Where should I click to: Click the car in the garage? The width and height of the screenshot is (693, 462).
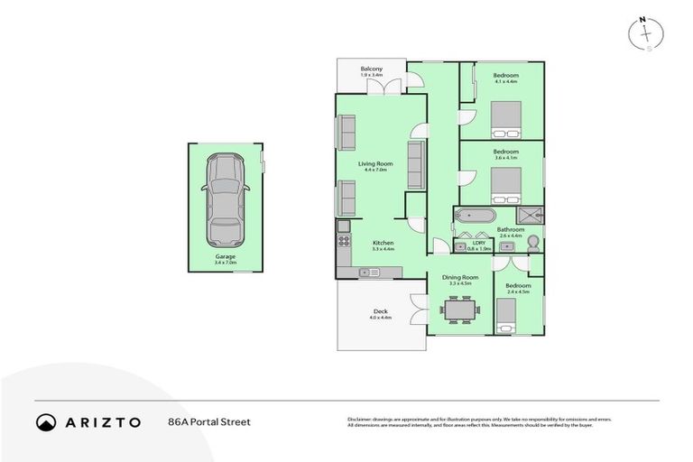pyautogui.click(x=225, y=200)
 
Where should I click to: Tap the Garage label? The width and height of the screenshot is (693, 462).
pyautogui.click(x=225, y=257)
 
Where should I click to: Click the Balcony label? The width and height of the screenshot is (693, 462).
pyautogui.click(x=372, y=69)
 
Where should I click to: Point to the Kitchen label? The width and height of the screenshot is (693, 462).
pyautogui.click(x=383, y=243)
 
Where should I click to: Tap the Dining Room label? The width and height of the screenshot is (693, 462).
pyautogui.click(x=458, y=278)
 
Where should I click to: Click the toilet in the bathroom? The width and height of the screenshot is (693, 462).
pyautogui.click(x=532, y=242)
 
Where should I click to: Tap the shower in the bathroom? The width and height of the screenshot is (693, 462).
pyautogui.click(x=531, y=216)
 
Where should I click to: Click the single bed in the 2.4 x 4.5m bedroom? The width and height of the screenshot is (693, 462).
pyautogui.click(x=507, y=315)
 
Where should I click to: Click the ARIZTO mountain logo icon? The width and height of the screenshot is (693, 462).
pyautogui.click(x=46, y=421)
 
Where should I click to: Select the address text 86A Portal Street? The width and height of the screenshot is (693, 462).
pyautogui.click(x=208, y=421)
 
